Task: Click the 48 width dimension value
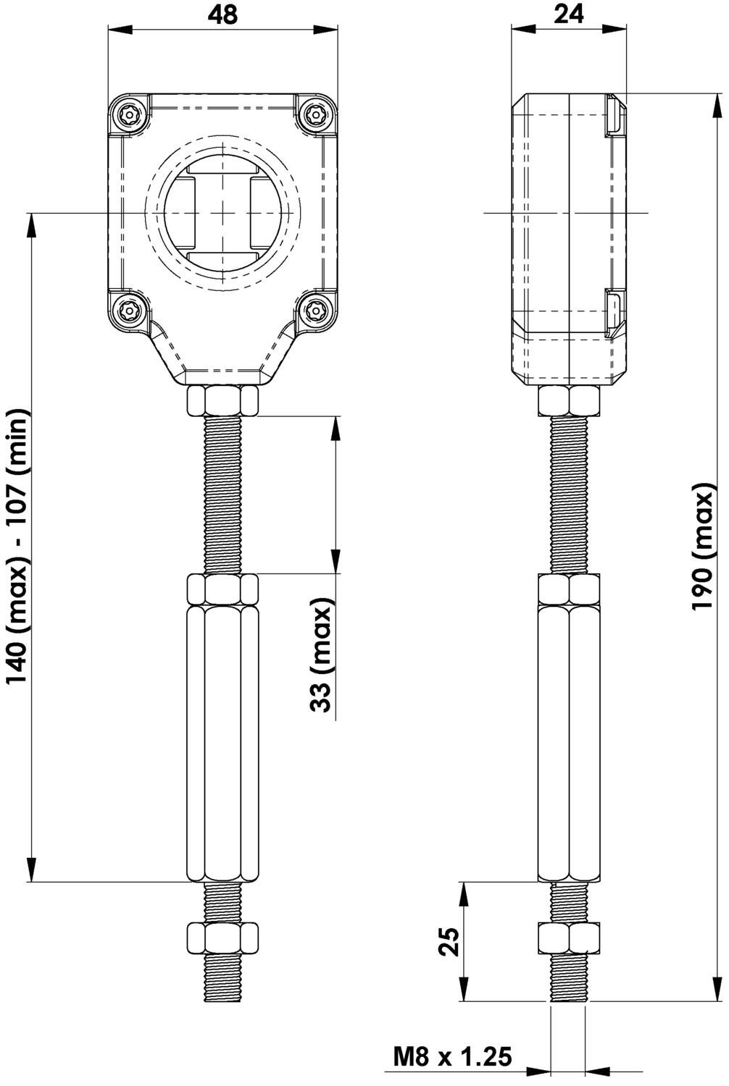[x=222, y=15]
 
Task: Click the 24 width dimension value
[x=569, y=15]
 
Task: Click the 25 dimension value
[x=449, y=941]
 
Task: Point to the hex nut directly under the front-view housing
[x=222, y=400]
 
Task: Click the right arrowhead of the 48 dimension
[x=325, y=30]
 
